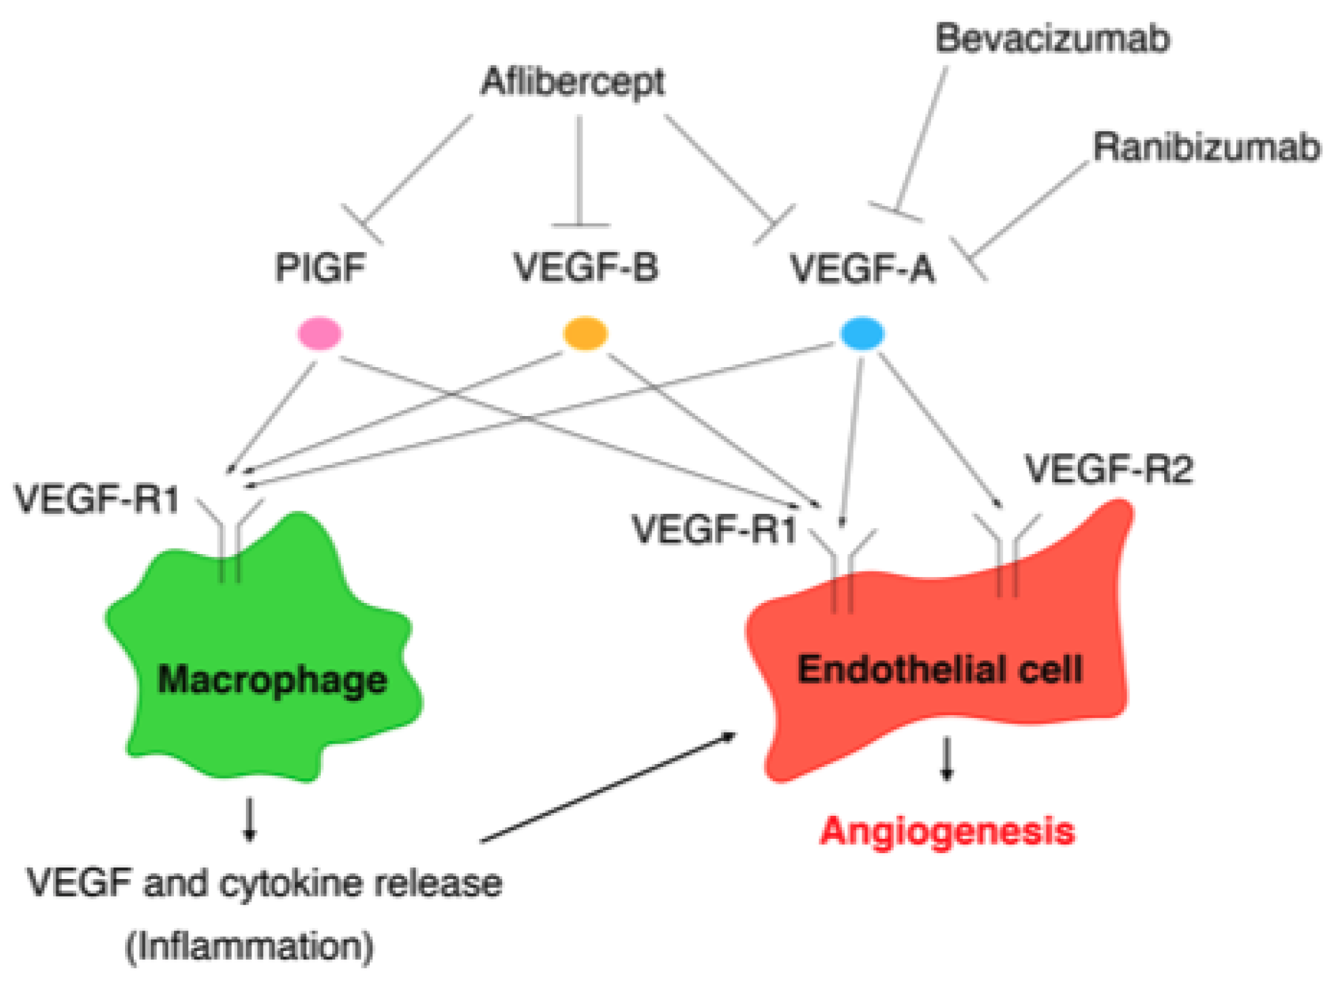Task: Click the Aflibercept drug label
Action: tap(572, 83)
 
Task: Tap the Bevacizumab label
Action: tap(1053, 38)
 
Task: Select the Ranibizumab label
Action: tap(1206, 147)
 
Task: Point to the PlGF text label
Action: tap(320, 267)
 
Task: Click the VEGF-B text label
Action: tap(585, 266)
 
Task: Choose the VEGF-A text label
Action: tap(862, 269)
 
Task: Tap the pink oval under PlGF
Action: tap(319, 334)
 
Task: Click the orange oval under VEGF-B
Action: tap(585, 334)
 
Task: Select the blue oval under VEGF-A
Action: tap(862, 334)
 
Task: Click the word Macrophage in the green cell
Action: tap(272, 680)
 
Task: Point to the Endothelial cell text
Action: tap(939, 669)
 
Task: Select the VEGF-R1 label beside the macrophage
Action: tap(97, 499)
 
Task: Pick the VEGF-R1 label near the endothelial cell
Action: tap(714, 529)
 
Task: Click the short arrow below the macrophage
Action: tap(249, 819)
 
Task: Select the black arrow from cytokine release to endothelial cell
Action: tap(608, 787)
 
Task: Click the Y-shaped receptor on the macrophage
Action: tap(230, 540)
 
